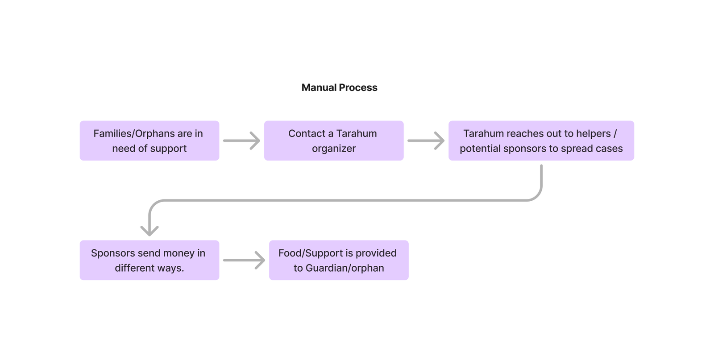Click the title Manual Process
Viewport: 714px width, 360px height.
coord(339,87)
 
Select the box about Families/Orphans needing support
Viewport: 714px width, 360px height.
coord(149,141)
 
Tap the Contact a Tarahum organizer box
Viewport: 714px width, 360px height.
coord(333,141)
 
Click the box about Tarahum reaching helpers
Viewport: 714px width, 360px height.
coord(541,141)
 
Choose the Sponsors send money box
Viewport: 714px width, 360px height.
coord(149,260)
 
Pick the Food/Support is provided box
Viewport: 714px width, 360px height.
coord(338,260)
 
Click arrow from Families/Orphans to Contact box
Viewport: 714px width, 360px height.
coord(241,141)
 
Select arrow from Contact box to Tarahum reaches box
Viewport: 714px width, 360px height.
coord(426,141)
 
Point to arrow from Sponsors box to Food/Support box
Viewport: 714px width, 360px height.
coord(244,260)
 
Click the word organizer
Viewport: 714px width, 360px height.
coord(333,149)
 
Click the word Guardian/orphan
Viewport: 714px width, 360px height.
coord(345,268)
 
